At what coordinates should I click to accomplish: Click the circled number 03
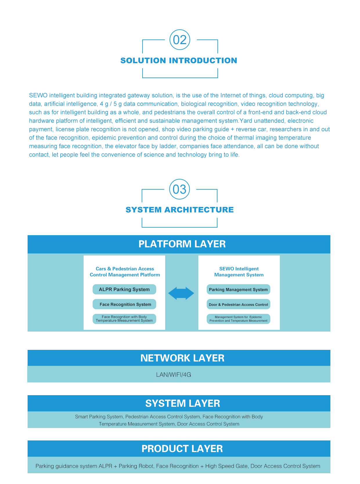tap(179, 189)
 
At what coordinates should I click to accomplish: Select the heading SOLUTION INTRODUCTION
tap(179, 60)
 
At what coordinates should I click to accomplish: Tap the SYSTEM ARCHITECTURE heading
tap(179, 210)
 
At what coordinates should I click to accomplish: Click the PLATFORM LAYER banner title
tap(182, 244)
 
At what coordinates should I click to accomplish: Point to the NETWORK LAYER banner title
tap(182, 358)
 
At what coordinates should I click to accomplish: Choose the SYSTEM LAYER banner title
tap(182, 403)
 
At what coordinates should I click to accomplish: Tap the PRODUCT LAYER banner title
tap(182, 449)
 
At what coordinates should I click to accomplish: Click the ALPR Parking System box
tap(124, 289)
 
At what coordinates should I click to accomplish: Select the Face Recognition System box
tap(124, 304)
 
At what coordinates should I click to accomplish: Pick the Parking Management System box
tap(238, 289)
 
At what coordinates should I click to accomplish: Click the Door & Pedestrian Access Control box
tap(238, 304)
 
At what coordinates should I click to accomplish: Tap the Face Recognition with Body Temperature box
tap(124, 319)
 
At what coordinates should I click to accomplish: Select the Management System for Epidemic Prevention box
tap(238, 319)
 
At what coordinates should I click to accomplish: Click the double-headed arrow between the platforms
tap(181, 293)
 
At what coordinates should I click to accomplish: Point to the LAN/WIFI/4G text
tap(173, 375)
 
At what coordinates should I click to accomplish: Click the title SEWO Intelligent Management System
tap(239, 272)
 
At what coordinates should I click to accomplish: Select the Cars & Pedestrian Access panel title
tap(125, 272)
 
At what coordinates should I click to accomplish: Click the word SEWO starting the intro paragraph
tap(38, 95)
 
